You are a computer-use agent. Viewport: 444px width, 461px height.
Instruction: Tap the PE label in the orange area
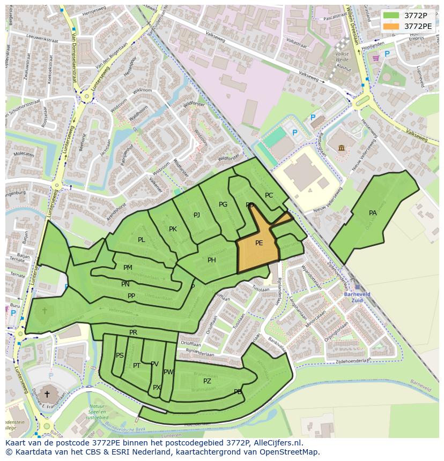coord(259,243)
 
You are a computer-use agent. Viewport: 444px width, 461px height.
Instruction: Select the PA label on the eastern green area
coord(373,213)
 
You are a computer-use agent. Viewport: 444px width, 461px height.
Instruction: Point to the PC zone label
coord(269,195)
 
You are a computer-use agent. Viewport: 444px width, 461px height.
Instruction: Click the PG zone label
coord(223,205)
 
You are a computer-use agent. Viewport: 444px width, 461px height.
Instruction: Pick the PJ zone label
coord(197,215)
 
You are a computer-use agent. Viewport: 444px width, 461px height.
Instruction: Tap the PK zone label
coord(173,229)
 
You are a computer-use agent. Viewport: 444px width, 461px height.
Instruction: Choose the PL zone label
coord(141,240)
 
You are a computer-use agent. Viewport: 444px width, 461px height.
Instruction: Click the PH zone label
coord(212,260)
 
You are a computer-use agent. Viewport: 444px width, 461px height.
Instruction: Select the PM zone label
coord(128,268)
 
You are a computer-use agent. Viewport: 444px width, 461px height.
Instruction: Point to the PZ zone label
coord(207,381)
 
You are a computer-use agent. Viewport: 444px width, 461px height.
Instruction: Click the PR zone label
coord(134,332)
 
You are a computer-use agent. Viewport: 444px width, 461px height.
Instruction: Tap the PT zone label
coord(137,366)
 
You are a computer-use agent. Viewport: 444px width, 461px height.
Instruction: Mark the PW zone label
coord(168,372)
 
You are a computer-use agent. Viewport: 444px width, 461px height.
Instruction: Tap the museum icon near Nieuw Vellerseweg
coord(342,147)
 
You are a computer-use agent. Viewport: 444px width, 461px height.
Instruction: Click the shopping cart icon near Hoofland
coord(376,58)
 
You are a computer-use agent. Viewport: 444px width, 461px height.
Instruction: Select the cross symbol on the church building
coord(47,394)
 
